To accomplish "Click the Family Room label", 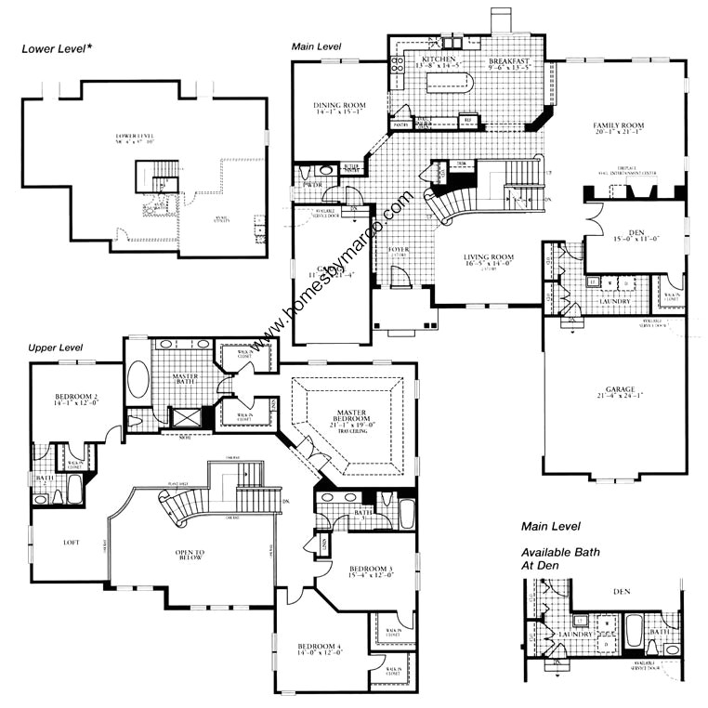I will (619, 125).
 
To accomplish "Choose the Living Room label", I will (470, 259).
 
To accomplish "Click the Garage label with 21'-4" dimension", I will (620, 389).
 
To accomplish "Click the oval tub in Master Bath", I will (138, 381).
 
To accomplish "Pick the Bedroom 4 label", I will (321, 647).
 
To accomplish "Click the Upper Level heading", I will (56, 347).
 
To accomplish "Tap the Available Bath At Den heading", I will (559, 558).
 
